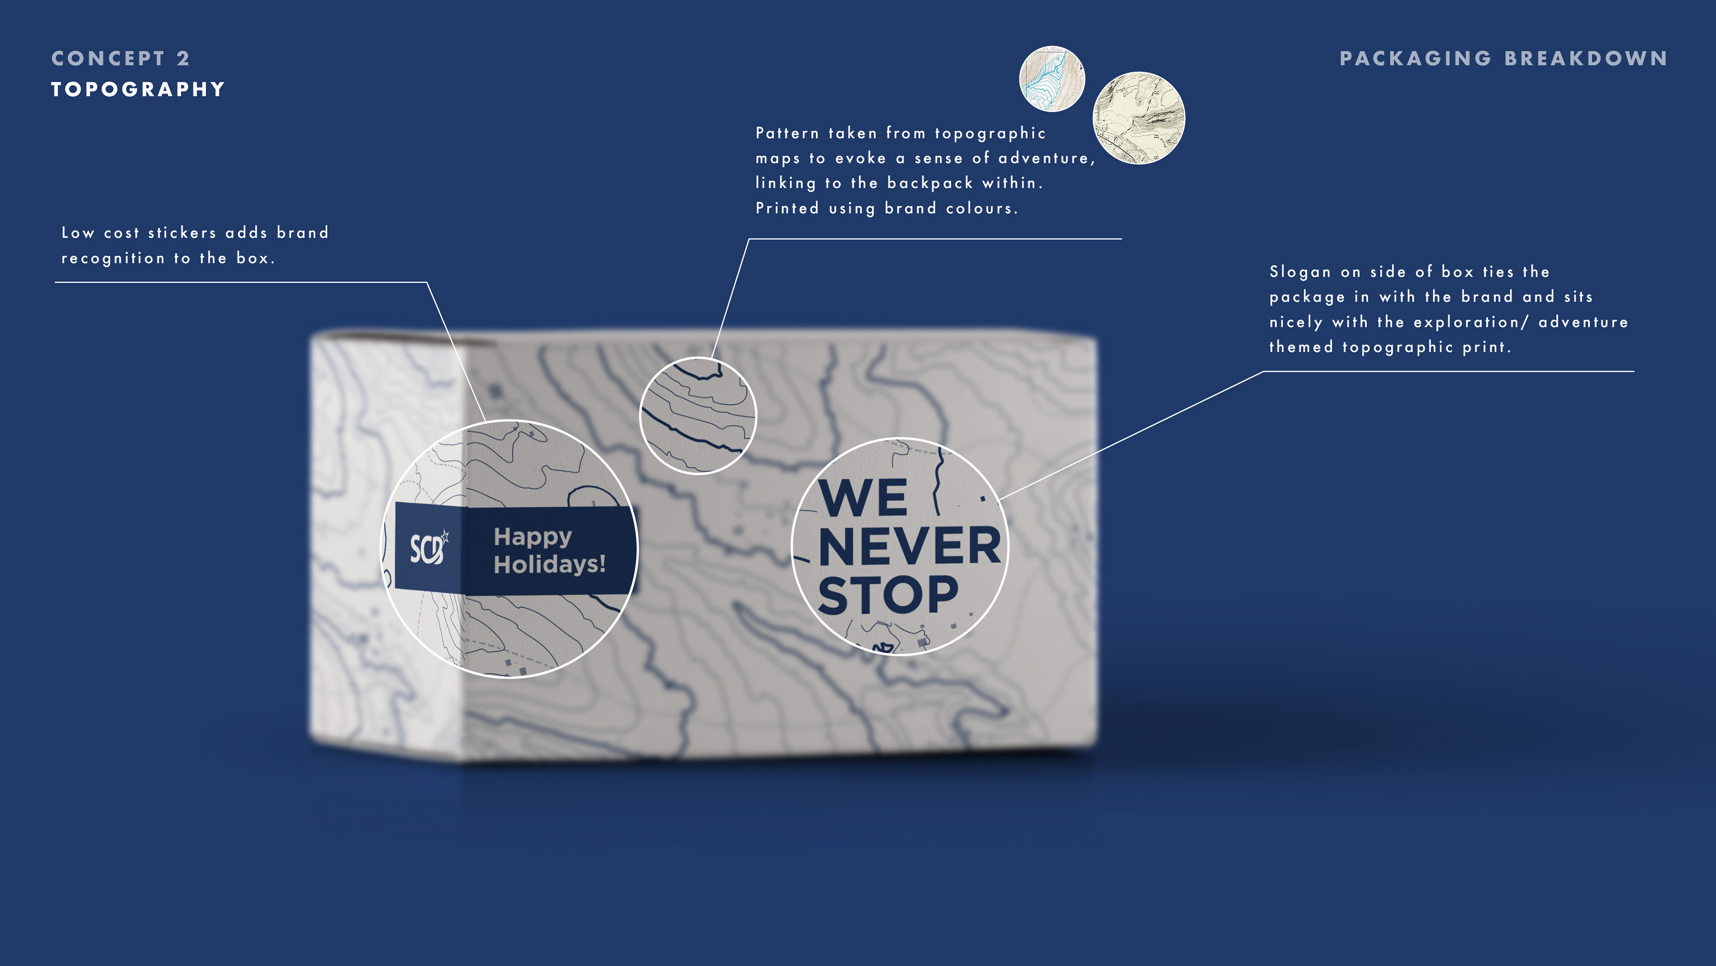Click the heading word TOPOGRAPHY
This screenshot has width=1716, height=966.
click(x=138, y=89)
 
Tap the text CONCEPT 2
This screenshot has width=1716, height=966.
click(x=121, y=59)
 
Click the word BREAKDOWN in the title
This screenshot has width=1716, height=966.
click(x=1586, y=59)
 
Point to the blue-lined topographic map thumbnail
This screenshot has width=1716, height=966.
click(x=1052, y=79)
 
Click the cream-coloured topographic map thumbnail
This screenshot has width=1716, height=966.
click(x=1139, y=118)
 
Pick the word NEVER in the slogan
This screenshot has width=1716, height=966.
click(x=910, y=546)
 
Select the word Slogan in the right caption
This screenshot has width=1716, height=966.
click(x=1300, y=272)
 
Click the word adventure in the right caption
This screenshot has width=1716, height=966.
click(x=1583, y=322)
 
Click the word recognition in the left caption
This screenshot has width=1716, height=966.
click(x=113, y=258)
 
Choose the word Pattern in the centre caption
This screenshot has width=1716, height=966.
click(x=787, y=133)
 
